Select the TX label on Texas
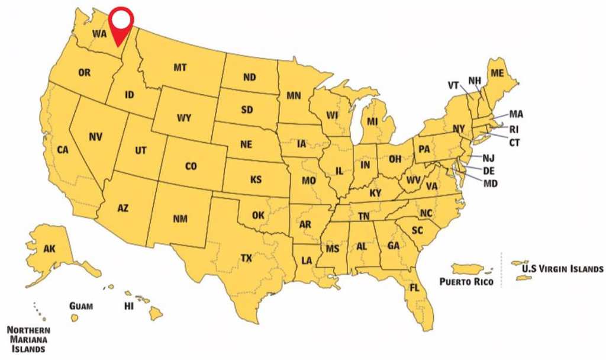click(x=246, y=258)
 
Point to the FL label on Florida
click(x=415, y=288)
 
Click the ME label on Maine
click(x=497, y=72)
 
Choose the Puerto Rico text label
click(x=466, y=282)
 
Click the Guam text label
click(x=80, y=306)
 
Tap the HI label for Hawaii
click(x=128, y=306)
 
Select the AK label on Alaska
click(x=49, y=249)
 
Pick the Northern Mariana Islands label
click(x=28, y=339)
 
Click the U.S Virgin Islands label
click(x=562, y=268)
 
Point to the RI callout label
click(x=514, y=129)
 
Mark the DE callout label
click(x=489, y=171)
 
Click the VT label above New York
click(x=453, y=85)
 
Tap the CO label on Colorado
click(x=191, y=167)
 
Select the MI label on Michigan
click(x=372, y=121)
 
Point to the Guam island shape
click(x=75, y=318)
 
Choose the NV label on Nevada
click(x=95, y=137)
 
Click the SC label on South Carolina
click(x=417, y=230)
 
